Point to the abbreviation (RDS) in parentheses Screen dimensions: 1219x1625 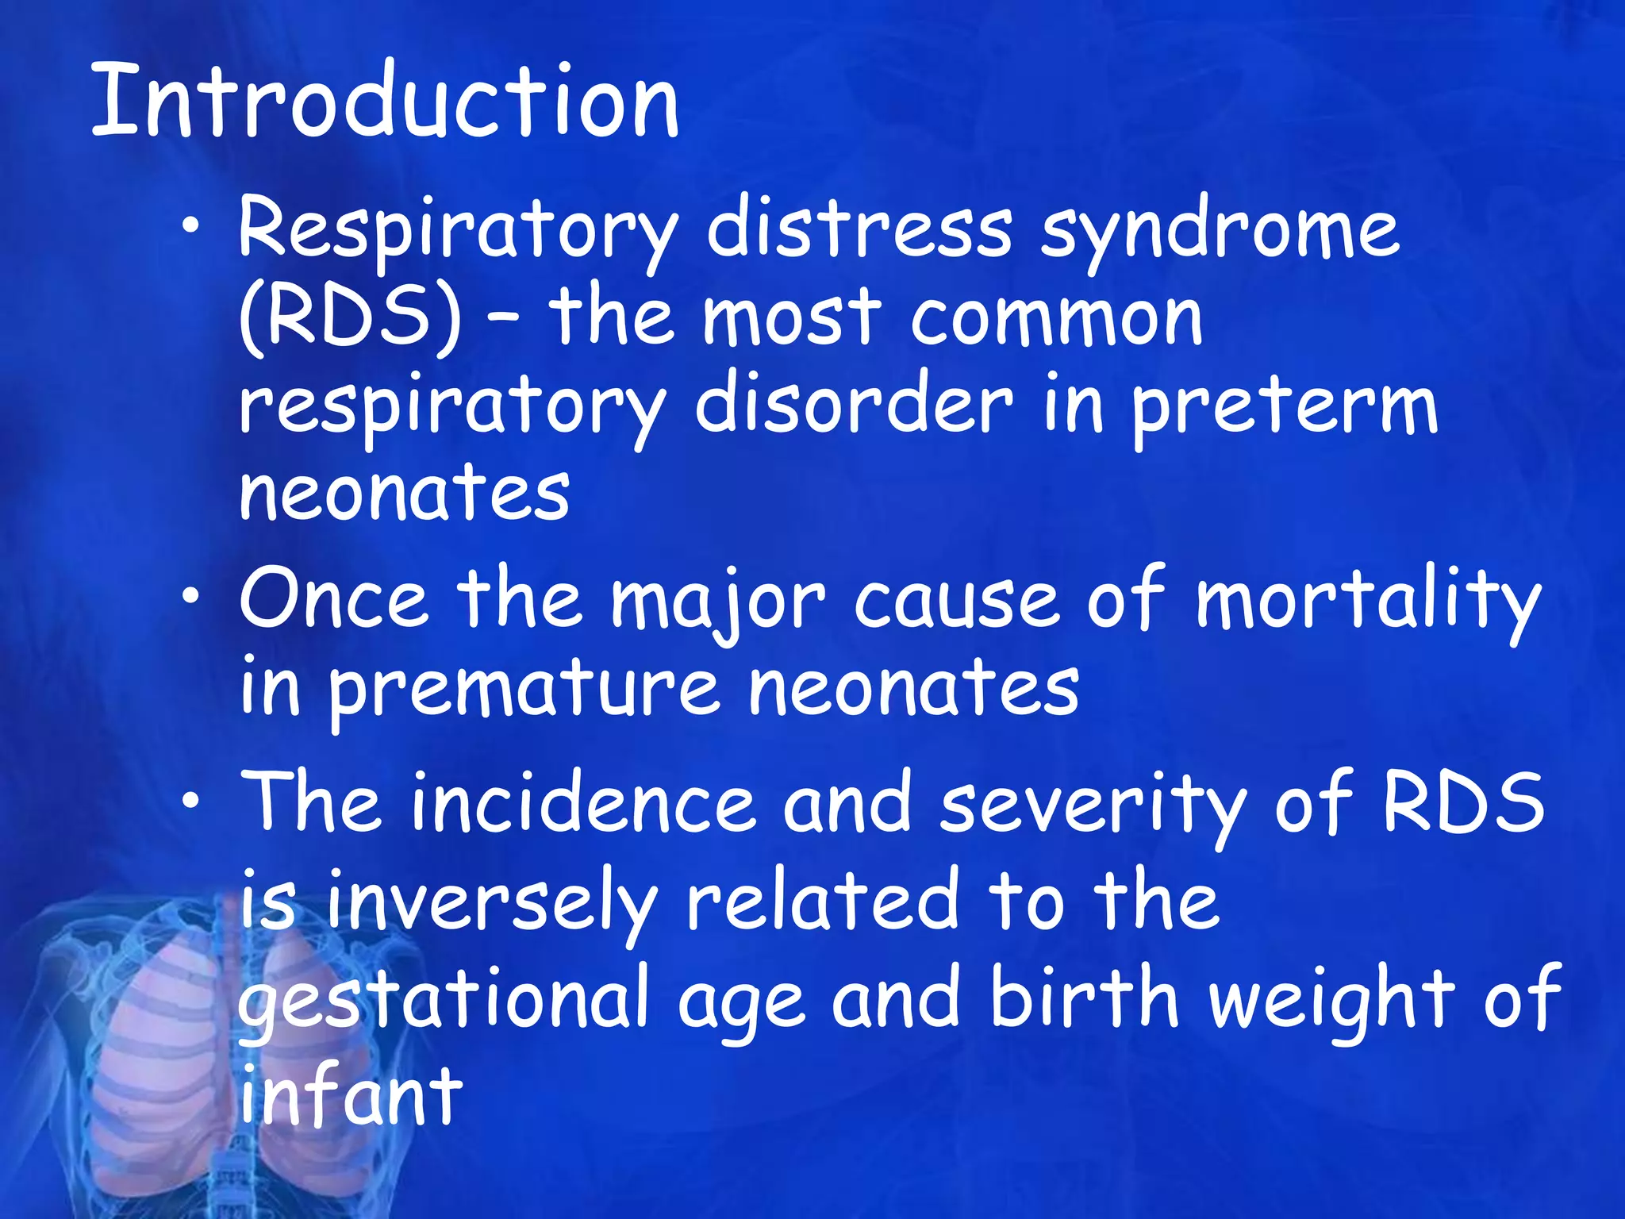click(350, 319)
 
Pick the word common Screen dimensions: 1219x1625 click(1056, 319)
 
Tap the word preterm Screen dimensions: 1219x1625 click(1284, 408)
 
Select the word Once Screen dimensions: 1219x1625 click(333, 599)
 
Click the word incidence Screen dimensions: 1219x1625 click(583, 804)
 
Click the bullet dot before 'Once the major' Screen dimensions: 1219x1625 click(190, 598)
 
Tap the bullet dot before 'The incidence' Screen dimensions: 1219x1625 click(190, 802)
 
